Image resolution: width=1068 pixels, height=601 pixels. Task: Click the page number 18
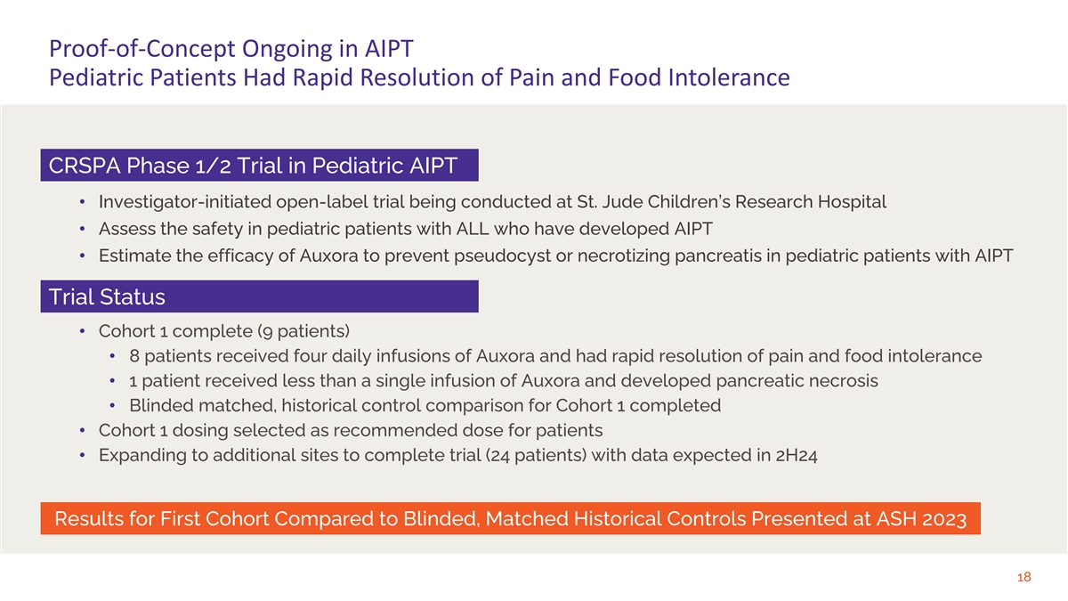click(x=1023, y=577)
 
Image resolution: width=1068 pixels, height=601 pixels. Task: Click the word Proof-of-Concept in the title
click(x=142, y=49)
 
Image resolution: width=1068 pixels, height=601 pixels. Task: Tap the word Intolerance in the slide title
click(x=729, y=77)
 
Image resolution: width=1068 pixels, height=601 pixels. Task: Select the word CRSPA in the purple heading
click(x=85, y=166)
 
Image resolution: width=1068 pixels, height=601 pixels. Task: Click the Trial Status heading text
click(x=107, y=296)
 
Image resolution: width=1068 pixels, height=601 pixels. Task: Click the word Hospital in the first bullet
click(x=852, y=202)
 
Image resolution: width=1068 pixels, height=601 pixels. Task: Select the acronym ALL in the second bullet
click(x=473, y=229)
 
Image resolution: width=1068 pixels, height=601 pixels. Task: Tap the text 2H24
click(x=797, y=456)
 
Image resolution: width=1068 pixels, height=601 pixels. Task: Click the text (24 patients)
click(x=536, y=456)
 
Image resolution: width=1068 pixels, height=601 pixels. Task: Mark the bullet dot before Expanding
click(x=83, y=455)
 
